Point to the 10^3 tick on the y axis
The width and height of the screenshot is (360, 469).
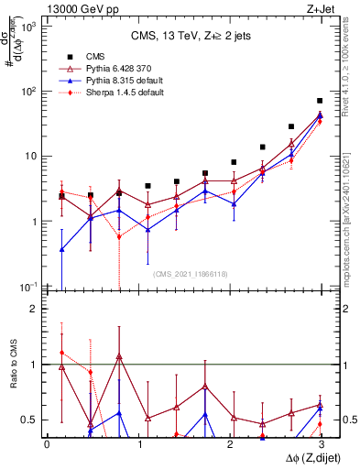[x=27, y=27]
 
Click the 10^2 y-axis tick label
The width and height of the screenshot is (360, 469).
[x=27, y=92]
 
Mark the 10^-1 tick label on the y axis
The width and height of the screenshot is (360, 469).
[x=27, y=287]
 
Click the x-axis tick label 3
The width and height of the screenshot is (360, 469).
[x=320, y=444]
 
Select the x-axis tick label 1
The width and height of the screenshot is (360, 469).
[x=137, y=444]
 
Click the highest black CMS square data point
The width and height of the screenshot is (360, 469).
[x=320, y=101]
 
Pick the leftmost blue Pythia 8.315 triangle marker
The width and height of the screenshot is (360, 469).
[x=61, y=249]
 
